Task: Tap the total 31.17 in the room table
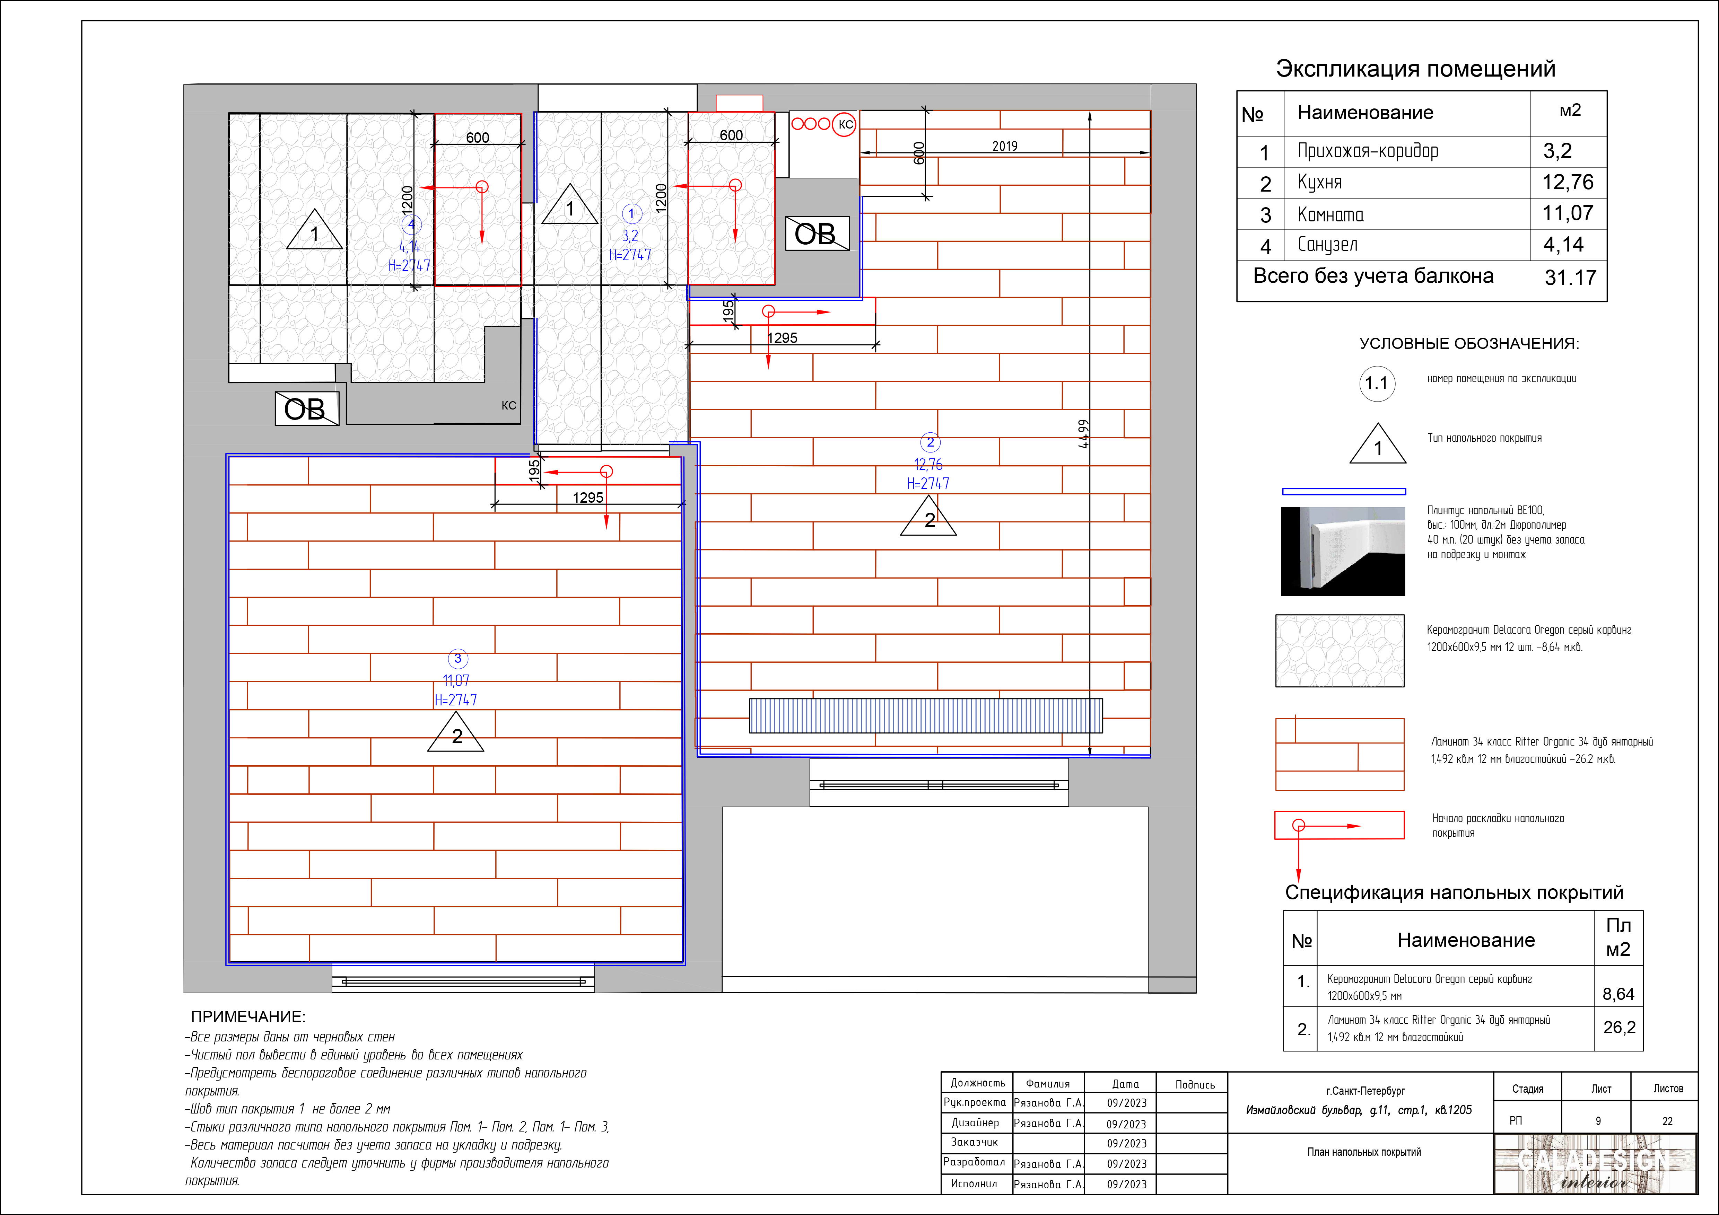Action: tap(1570, 278)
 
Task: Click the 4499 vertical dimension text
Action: tap(1083, 434)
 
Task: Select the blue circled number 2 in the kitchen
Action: tap(930, 442)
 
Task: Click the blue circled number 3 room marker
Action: tap(457, 659)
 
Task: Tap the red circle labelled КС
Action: tap(845, 124)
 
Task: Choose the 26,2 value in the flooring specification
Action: tap(1619, 1027)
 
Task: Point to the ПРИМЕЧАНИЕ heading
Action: tap(248, 1016)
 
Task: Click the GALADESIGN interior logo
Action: tap(1595, 1165)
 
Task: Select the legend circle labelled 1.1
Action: tap(1377, 384)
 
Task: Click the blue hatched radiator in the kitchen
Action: tap(926, 716)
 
